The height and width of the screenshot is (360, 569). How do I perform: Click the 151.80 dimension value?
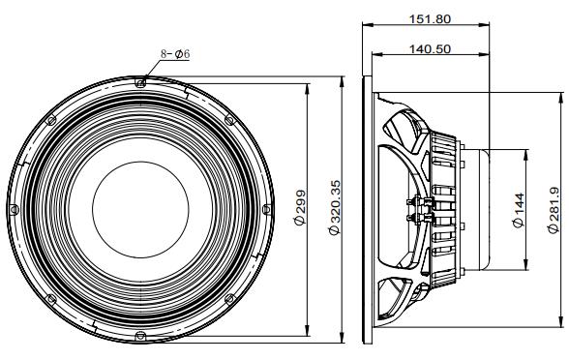point(430,18)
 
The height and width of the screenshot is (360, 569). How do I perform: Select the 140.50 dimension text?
point(430,48)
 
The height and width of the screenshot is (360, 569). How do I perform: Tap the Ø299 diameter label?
point(300,207)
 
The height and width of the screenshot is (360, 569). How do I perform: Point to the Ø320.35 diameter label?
point(335,207)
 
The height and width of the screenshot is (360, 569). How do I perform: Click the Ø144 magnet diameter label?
point(519,211)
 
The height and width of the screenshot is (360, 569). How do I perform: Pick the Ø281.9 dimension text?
point(554,211)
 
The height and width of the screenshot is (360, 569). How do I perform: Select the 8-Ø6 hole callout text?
point(175,54)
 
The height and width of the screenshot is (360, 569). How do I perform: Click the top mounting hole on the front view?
point(140,83)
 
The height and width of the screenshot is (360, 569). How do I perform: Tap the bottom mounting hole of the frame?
point(140,336)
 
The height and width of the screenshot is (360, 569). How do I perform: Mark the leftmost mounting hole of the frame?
point(14,209)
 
